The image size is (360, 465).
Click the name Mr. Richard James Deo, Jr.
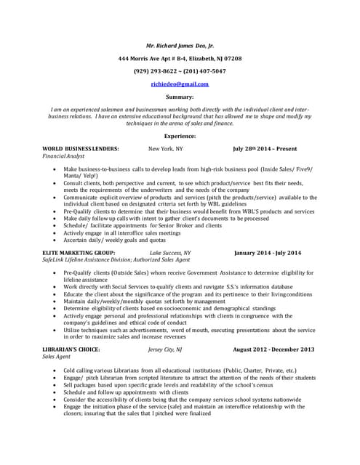tap(180, 44)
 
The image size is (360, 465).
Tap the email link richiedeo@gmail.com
tap(180, 84)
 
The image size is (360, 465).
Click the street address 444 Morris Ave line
tap(180, 58)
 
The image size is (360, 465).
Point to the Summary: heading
tap(180, 97)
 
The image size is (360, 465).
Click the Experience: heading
tap(180, 136)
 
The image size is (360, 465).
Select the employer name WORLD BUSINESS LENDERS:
tap(81, 148)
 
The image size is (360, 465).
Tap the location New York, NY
tap(166, 148)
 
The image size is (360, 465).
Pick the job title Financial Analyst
tap(63, 155)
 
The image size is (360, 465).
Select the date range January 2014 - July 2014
tap(268, 252)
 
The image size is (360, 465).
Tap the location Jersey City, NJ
tap(165, 349)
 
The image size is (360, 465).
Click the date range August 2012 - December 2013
tap(273, 349)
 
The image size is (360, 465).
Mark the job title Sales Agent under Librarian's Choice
tap(57, 357)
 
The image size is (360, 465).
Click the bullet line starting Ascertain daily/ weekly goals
tap(114, 239)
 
